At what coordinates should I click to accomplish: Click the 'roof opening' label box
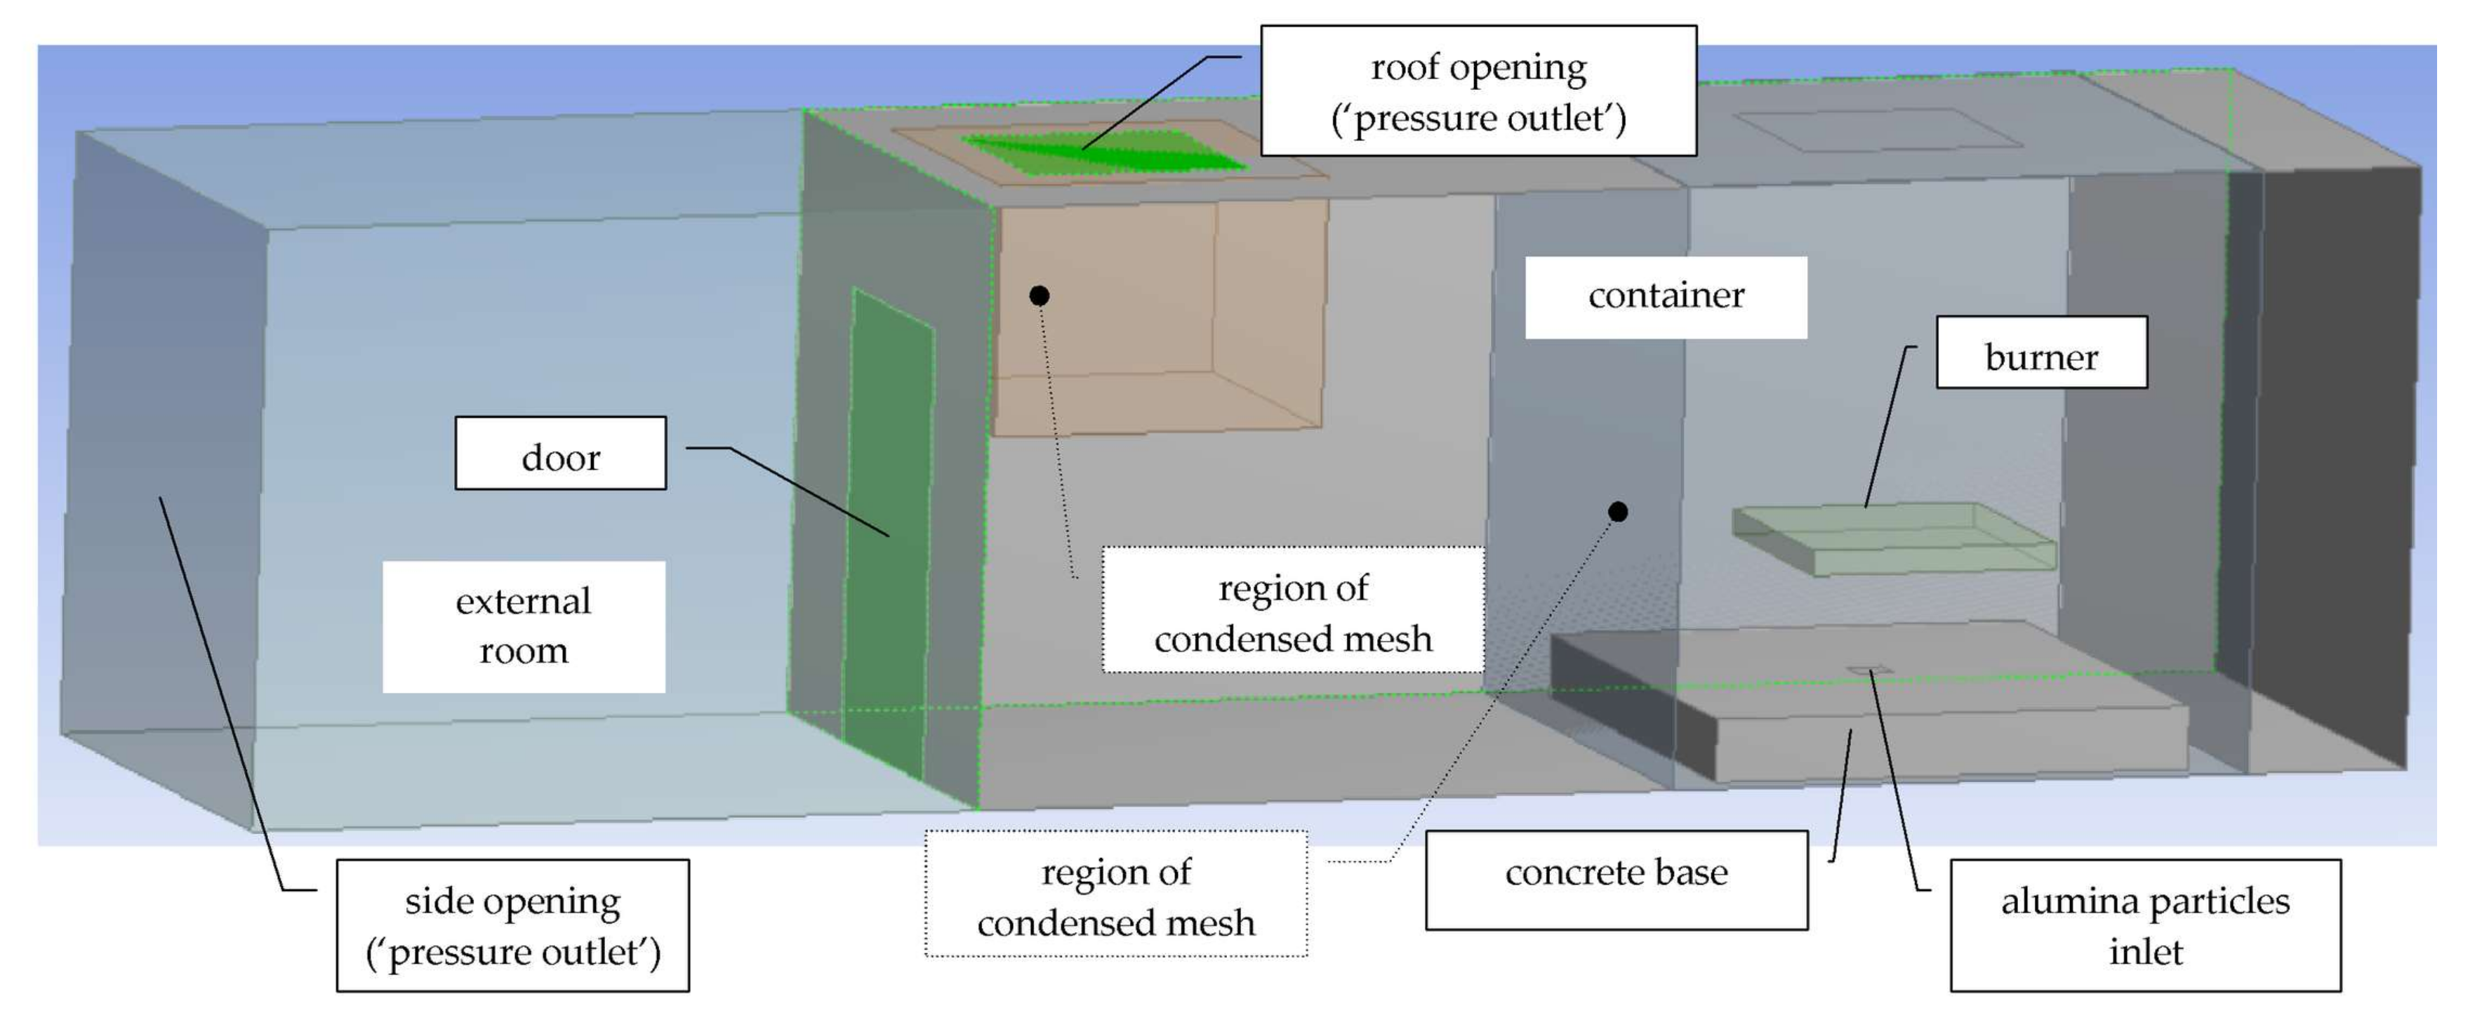click(1478, 91)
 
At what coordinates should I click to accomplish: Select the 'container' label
click(1665, 297)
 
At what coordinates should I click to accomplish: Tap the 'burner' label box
click(2040, 354)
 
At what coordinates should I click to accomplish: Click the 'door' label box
click(560, 454)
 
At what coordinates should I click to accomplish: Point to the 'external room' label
click(523, 626)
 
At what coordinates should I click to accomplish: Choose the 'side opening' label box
click(512, 925)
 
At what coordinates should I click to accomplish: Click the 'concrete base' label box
click(1616, 880)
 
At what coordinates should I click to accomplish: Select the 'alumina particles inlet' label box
click(2145, 925)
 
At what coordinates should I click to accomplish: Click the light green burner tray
click(1893, 539)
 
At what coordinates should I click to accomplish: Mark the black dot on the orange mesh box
click(1039, 296)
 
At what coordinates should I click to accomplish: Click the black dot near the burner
click(1618, 512)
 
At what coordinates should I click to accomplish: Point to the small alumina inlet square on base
click(1869, 668)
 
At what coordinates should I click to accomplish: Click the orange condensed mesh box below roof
click(1156, 318)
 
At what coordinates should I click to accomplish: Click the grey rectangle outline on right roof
click(1879, 130)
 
